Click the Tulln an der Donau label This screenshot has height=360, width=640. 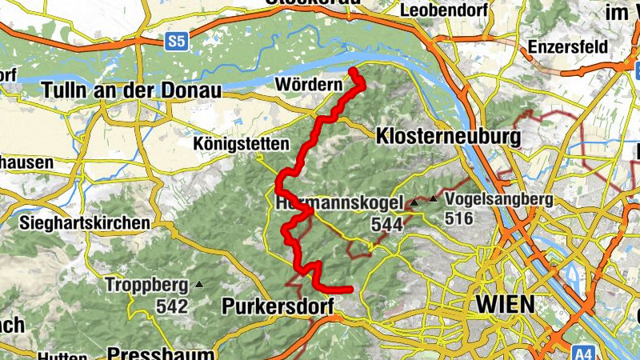(132, 90)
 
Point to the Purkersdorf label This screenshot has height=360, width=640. (276, 306)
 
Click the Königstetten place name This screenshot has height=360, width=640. (240, 144)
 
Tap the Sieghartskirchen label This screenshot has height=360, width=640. (87, 222)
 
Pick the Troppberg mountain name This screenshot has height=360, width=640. (146, 285)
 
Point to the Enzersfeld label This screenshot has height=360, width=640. (566, 46)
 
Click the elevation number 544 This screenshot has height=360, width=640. (388, 226)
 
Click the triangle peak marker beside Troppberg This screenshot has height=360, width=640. (199, 284)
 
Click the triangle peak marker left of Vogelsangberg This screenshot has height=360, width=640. (434, 198)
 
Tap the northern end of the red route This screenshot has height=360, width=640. (353, 72)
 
